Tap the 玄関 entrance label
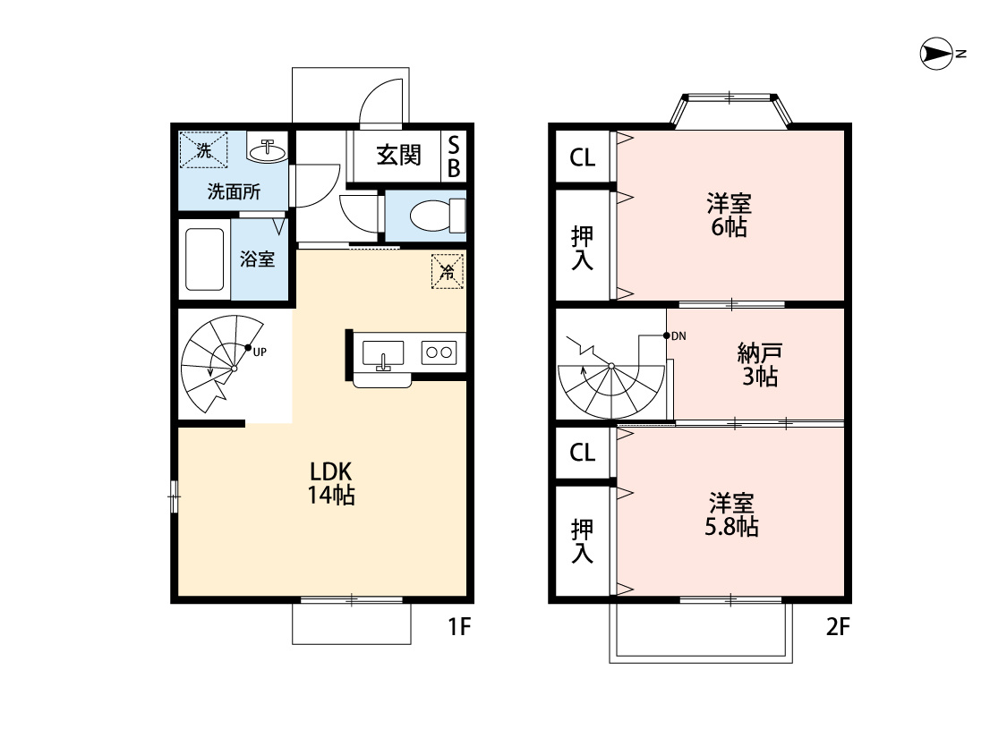tap(397, 156)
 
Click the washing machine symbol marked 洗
tap(204, 150)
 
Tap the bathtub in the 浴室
tap(204, 259)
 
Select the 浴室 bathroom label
tap(258, 259)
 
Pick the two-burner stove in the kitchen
tap(439, 352)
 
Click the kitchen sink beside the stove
tap(383, 354)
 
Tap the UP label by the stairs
tap(260, 351)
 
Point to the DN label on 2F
tap(678, 336)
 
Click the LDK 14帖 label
tap(332, 482)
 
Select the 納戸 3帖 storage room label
tap(760, 364)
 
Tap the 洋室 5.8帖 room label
tap(731, 513)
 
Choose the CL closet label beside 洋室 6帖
tap(582, 157)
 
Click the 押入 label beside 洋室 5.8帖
tap(582, 541)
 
